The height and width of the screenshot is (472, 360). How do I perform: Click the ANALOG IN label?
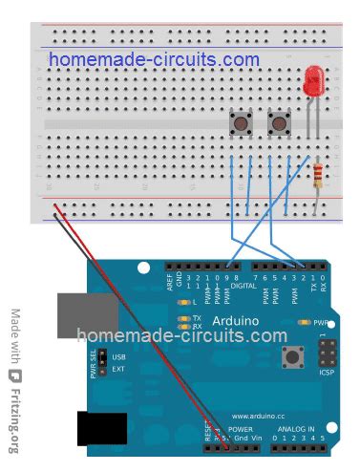click(x=296, y=430)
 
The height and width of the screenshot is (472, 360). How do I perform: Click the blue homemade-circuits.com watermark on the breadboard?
click(x=154, y=59)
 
